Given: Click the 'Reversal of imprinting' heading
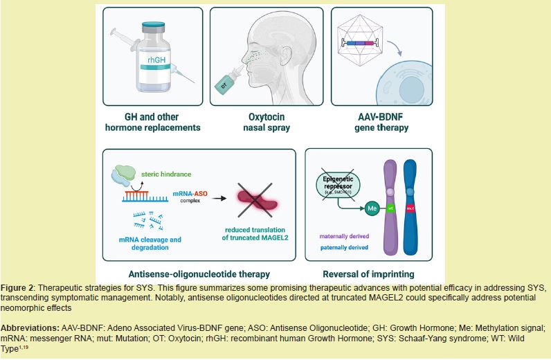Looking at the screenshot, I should pos(368,273).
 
